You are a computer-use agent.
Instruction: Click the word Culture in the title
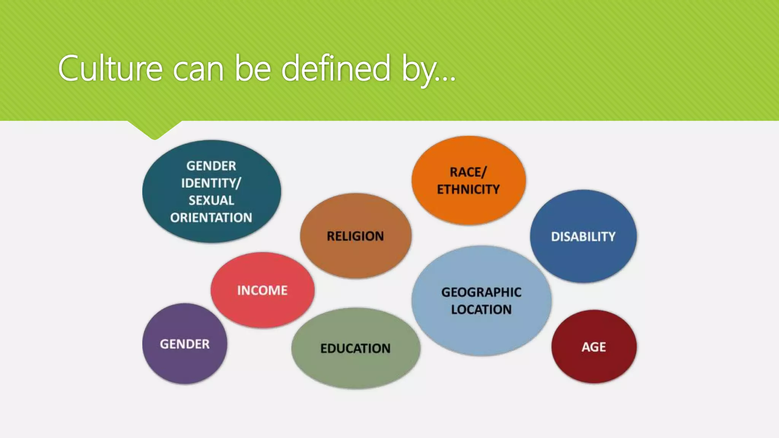(x=110, y=68)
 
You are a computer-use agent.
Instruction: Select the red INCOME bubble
(x=262, y=290)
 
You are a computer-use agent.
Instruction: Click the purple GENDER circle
(x=184, y=344)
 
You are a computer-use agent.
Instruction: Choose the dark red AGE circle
(x=594, y=347)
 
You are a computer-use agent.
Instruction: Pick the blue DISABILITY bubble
(x=583, y=236)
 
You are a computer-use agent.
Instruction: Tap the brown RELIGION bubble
(x=355, y=236)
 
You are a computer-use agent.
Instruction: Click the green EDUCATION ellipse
(x=355, y=348)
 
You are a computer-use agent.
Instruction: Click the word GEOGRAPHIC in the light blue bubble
(x=481, y=292)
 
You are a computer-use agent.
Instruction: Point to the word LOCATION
(x=481, y=309)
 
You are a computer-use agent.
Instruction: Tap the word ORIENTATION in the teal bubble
(x=211, y=217)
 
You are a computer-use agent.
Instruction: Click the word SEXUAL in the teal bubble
(x=211, y=200)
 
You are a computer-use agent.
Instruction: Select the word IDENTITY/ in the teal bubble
(x=211, y=183)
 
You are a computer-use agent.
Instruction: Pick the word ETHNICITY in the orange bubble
(x=468, y=189)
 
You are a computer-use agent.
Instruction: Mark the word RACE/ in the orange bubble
(x=468, y=172)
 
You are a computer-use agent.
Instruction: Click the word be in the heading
(x=252, y=68)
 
